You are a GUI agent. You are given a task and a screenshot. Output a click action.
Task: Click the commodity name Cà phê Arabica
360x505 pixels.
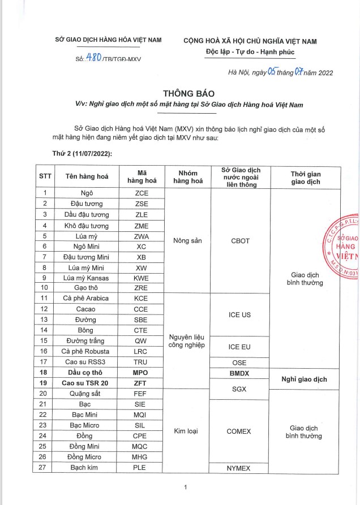pyautogui.click(x=87, y=298)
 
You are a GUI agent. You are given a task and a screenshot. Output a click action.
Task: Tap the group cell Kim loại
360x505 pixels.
pyautogui.click(x=186, y=431)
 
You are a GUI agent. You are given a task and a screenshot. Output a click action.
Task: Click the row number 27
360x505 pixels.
pyautogui.click(x=45, y=468)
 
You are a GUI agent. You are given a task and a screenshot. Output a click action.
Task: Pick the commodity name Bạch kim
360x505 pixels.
pyautogui.click(x=87, y=468)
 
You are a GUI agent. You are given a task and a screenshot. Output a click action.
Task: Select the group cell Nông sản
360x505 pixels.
pyautogui.click(x=186, y=240)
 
